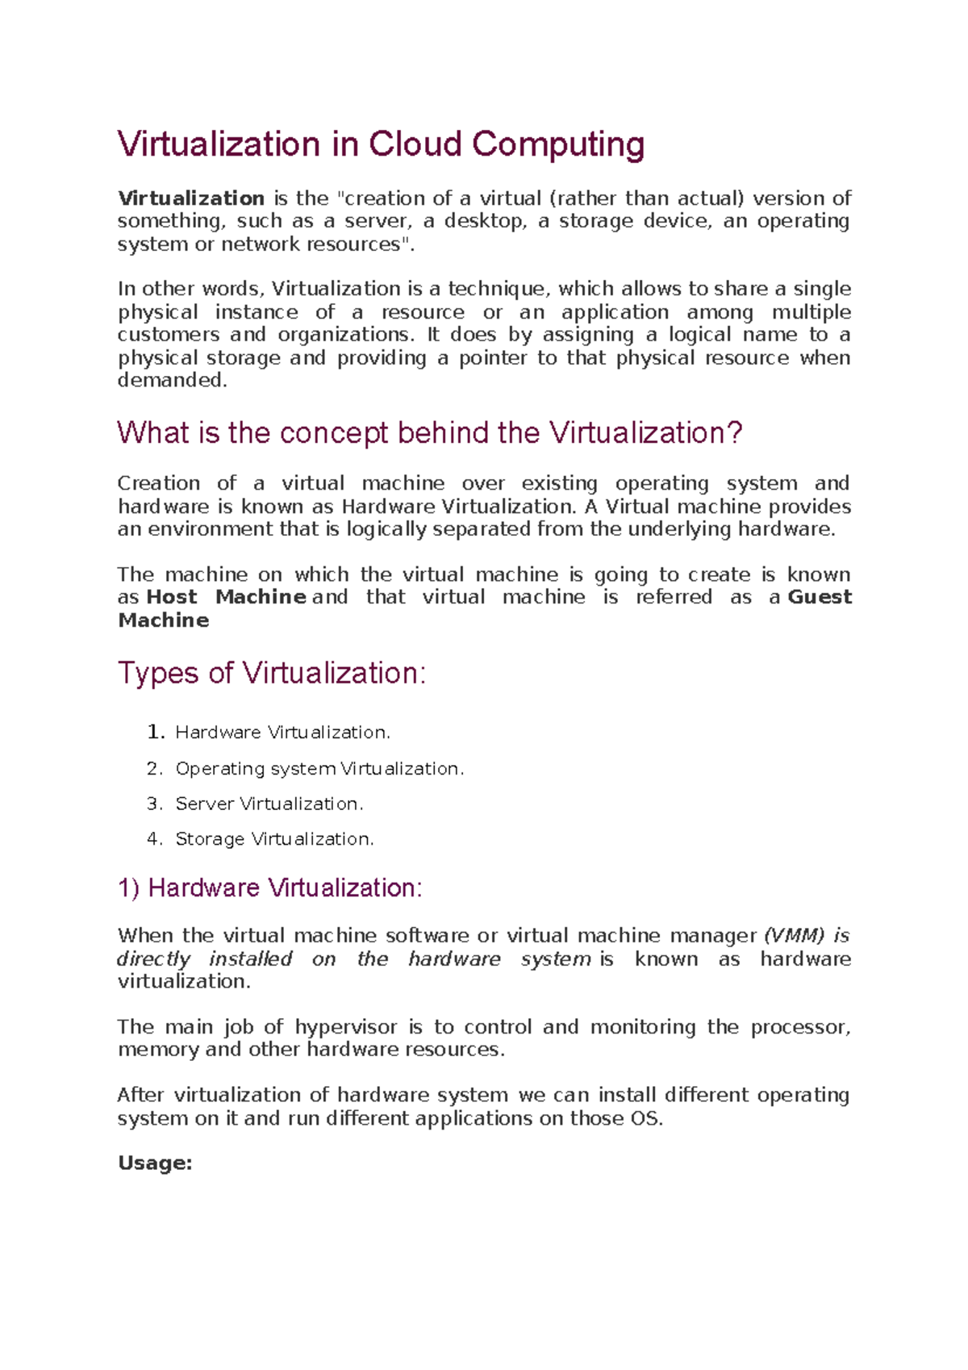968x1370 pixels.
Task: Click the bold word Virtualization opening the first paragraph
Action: click(191, 198)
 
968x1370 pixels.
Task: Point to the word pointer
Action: click(493, 357)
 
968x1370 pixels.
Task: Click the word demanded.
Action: click(173, 380)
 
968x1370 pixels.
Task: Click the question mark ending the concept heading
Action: click(734, 433)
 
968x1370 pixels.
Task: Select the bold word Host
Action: click(172, 597)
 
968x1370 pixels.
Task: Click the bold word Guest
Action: click(820, 597)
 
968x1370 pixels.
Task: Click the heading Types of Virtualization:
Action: click(272, 673)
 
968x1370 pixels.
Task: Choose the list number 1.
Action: click(155, 733)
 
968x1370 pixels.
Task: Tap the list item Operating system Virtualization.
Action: click(319, 769)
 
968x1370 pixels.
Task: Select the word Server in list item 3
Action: click(204, 804)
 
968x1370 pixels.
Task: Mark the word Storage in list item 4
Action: click(210, 839)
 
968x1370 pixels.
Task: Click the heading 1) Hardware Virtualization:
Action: click(270, 888)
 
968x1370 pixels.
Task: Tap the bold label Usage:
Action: click(155, 1163)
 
